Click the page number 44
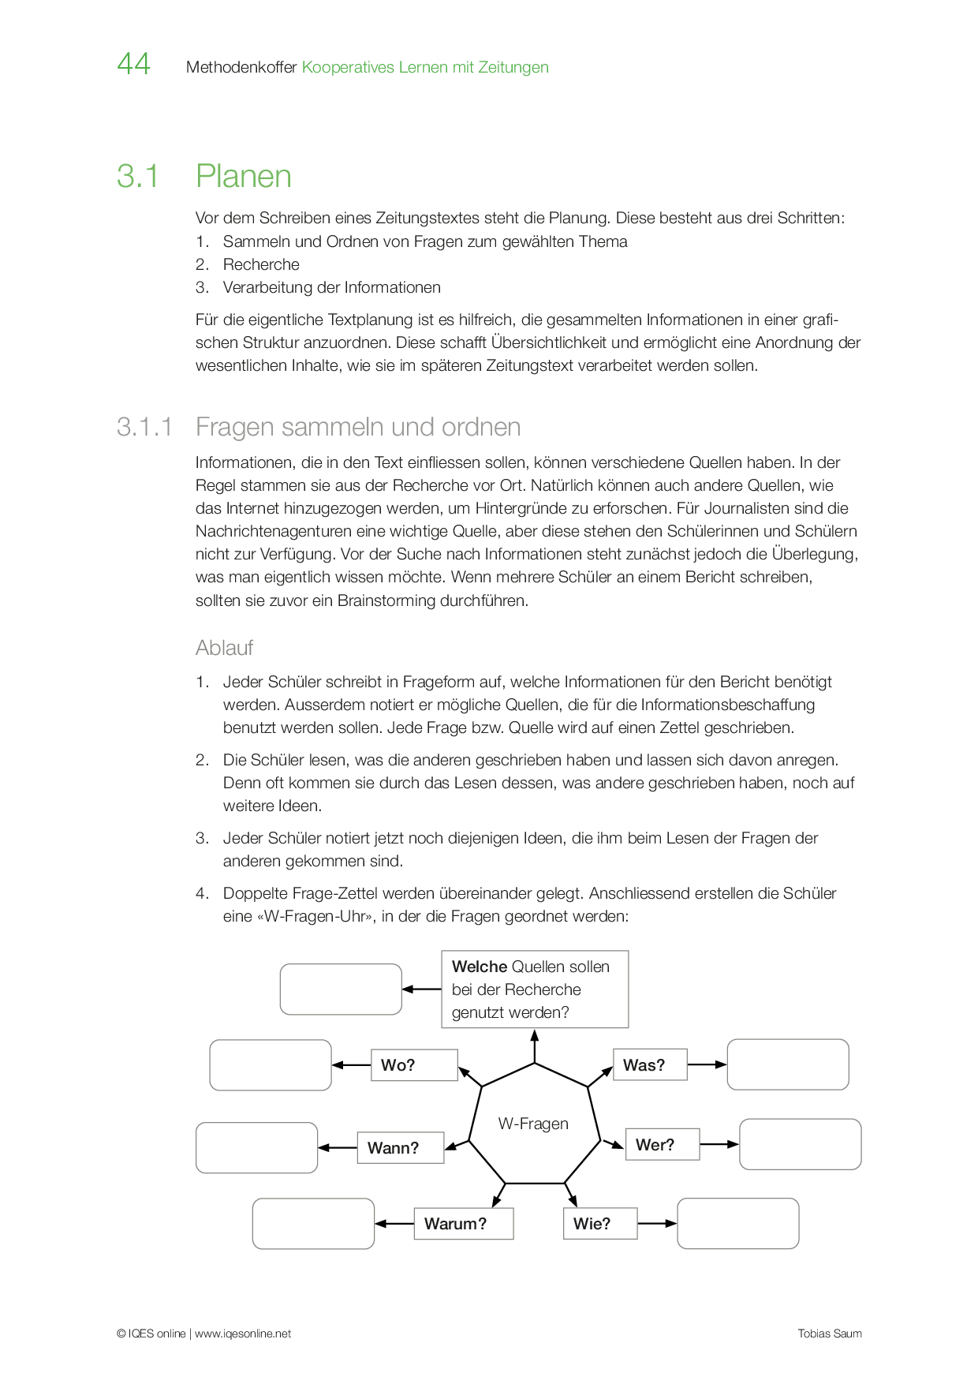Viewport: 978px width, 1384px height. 133,64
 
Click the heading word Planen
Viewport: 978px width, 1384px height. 243,176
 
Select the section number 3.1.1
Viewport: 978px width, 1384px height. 144,427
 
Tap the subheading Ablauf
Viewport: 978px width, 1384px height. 224,648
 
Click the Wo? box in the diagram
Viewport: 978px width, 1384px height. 414,1065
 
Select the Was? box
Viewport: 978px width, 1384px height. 650,1064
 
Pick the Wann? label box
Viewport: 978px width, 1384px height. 400,1147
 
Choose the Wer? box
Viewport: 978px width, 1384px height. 662,1144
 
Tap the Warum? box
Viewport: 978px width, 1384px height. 463,1224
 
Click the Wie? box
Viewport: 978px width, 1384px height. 599,1224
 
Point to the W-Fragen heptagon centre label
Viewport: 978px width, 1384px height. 533,1124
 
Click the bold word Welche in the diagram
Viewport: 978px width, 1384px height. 480,967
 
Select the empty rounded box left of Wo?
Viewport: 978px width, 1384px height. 271,1065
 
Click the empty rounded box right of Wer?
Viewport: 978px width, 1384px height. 800,1144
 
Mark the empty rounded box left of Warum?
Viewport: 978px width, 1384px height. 313,1224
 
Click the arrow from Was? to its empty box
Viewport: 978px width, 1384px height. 707,1064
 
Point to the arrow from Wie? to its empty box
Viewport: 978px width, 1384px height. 657,1224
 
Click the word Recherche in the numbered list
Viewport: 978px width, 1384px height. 261,264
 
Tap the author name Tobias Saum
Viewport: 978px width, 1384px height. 830,1334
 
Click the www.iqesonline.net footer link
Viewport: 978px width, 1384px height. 243,1334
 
